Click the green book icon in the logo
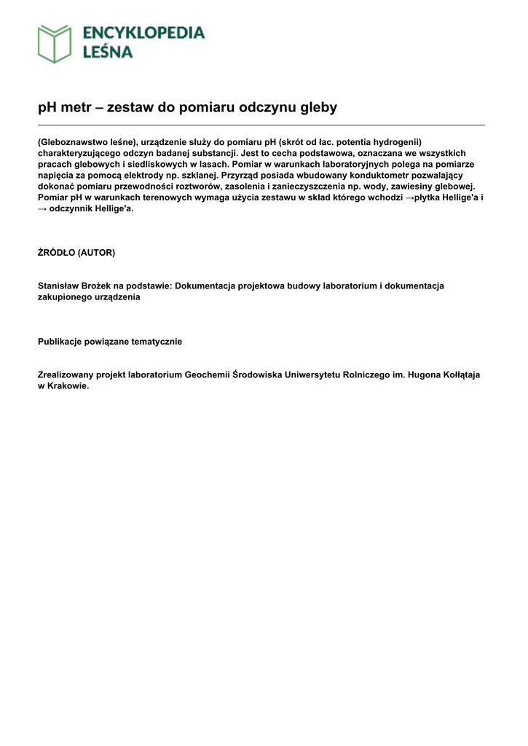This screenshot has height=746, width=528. click(55, 44)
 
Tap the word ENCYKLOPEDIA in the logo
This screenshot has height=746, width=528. click(143, 33)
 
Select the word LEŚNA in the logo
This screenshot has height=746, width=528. click(108, 52)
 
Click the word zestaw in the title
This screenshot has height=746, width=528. click(130, 108)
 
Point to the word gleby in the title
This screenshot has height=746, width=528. click(319, 108)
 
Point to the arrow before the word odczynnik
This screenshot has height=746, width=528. click(42, 208)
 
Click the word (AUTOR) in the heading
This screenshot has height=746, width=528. click(96, 253)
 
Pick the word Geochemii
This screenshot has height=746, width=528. click(208, 375)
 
